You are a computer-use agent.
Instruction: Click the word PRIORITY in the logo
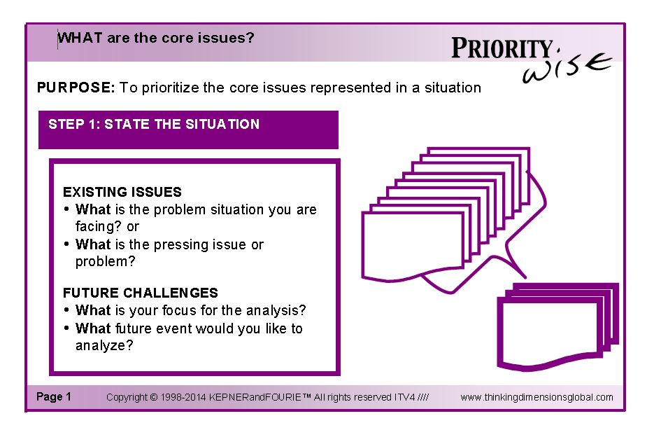[x=502, y=48]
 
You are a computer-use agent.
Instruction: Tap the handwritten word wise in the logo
[x=567, y=68]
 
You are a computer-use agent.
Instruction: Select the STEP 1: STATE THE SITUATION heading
[x=154, y=124]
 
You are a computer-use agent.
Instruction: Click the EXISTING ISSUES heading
[x=122, y=192]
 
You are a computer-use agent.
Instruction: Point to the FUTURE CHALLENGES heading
[x=141, y=293]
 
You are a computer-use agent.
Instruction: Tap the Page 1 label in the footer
[x=54, y=396]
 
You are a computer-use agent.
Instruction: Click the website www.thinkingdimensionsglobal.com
[x=536, y=397]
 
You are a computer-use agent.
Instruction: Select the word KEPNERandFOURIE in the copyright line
[x=255, y=397]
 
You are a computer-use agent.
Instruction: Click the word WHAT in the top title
[x=80, y=38]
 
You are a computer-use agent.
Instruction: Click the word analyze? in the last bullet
[x=104, y=346]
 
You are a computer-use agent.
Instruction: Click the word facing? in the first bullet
[x=99, y=226]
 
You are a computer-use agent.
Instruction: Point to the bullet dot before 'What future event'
[x=66, y=328]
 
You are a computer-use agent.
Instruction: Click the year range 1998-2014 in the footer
[x=183, y=397]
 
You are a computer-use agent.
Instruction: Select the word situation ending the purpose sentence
[x=453, y=88]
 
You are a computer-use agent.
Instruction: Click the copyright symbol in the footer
[x=153, y=397]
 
